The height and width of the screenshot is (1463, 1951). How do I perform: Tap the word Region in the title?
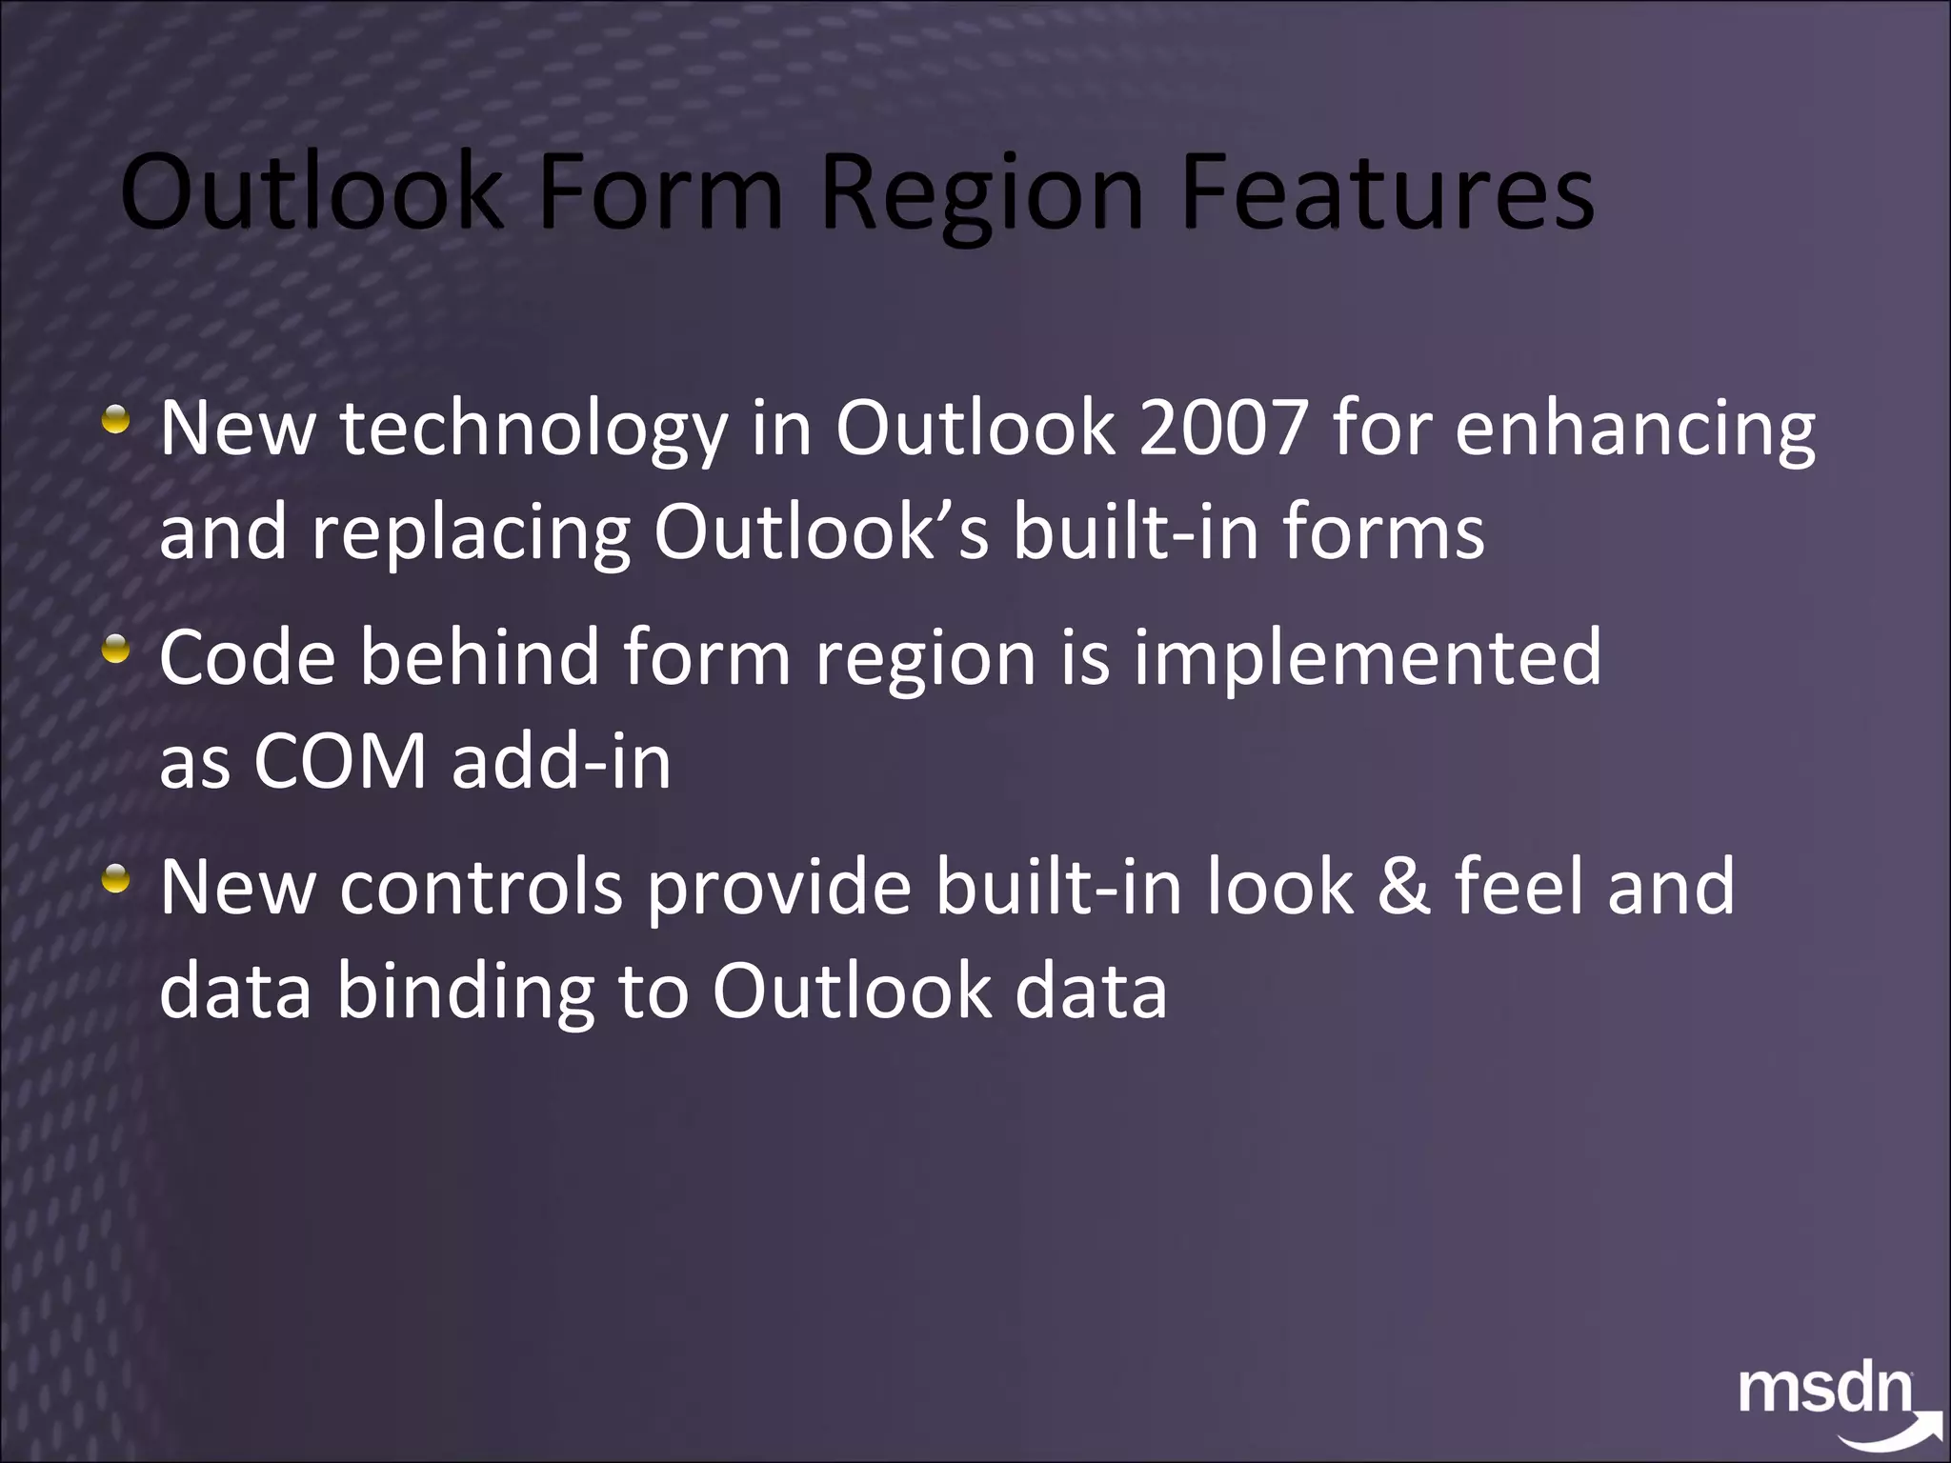[981, 195]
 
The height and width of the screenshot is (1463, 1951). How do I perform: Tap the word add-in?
[561, 762]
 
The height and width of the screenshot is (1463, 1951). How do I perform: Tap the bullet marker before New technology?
[116, 420]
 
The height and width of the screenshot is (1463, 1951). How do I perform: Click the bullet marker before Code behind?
[116, 651]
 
